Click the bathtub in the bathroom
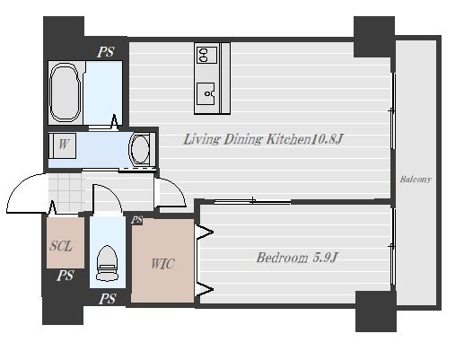[66, 92]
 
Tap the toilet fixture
[107, 263]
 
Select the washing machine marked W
[63, 145]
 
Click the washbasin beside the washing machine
[140, 149]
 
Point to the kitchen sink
[206, 93]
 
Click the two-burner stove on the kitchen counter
[206, 55]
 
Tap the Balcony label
[416, 180]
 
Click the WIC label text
[162, 264]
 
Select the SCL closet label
[61, 246]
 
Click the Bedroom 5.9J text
[297, 258]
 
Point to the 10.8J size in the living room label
[327, 139]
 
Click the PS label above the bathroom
[106, 52]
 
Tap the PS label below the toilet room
[108, 299]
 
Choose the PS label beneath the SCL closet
[66, 276]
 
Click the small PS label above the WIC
[137, 220]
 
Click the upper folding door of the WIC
[204, 232]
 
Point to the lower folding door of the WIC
[204, 289]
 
